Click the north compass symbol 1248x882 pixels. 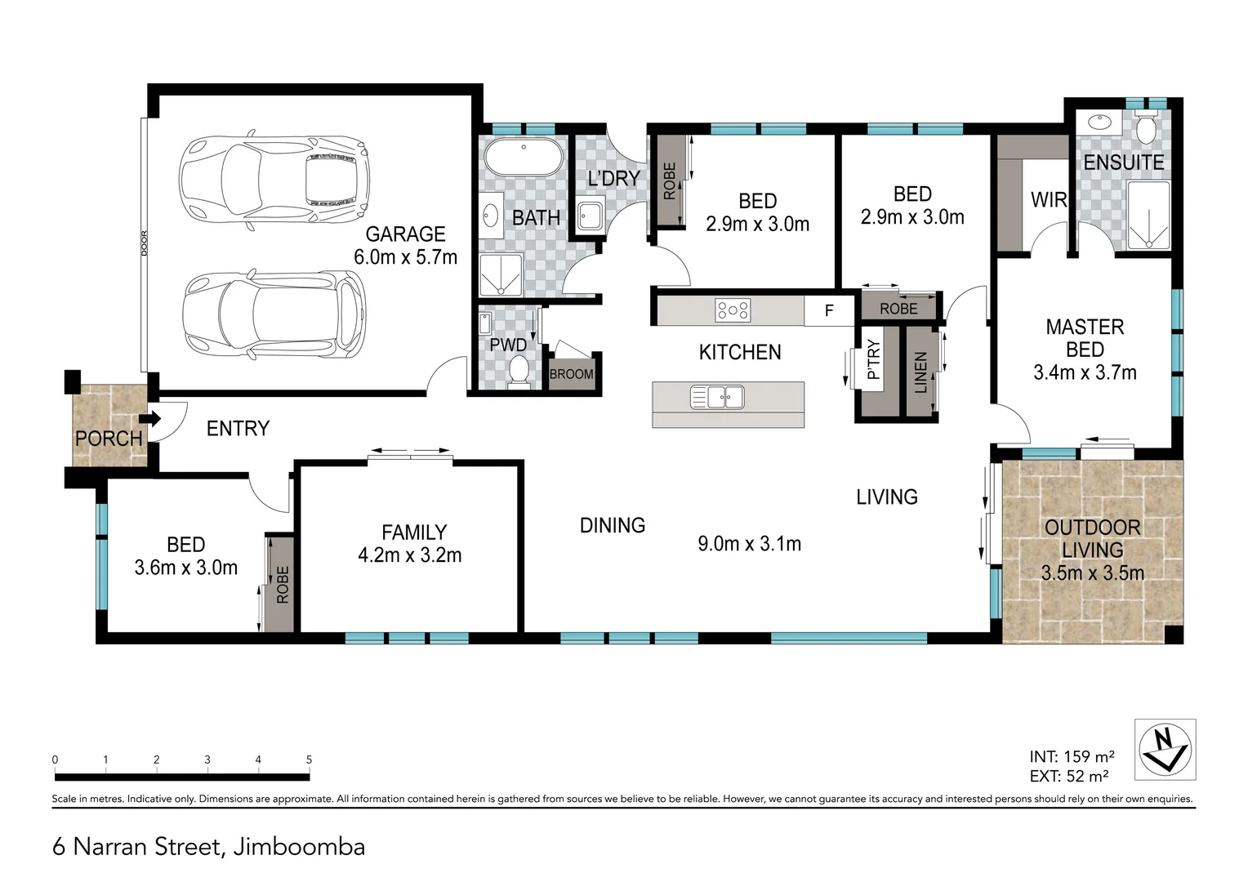click(1165, 749)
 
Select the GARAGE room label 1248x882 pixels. click(405, 234)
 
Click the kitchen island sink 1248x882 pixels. click(717, 397)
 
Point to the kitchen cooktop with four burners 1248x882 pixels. click(733, 310)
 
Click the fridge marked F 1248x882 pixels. click(829, 311)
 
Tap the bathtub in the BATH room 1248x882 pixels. click(524, 157)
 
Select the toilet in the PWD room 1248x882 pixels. click(519, 372)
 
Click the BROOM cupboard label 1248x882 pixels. click(572, 374)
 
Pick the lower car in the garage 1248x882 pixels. click(274, 314)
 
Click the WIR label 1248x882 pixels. click(1049, 200)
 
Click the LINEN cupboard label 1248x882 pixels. click(921, 372)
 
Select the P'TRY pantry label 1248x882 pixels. click(874, 359)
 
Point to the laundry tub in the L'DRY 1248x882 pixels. click(590, 216)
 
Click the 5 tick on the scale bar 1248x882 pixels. click(309, 759)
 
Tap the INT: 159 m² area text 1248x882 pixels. click(1072, 756)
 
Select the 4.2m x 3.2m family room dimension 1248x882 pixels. click(410, 555)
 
